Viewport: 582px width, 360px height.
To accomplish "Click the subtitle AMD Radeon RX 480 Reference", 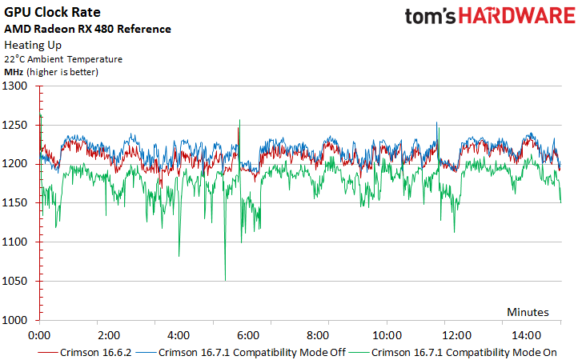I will click(x=88, y=29).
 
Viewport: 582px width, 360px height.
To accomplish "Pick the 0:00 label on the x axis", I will click(x=40, y=334).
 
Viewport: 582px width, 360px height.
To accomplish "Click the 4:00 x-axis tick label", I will click(x=178, y=334).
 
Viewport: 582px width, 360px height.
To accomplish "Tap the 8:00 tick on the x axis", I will click(x=317, y=334).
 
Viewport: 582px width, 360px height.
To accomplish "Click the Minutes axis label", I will click(x=527, y=311).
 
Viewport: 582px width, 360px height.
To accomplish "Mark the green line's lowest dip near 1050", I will click(x=225, y=280).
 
